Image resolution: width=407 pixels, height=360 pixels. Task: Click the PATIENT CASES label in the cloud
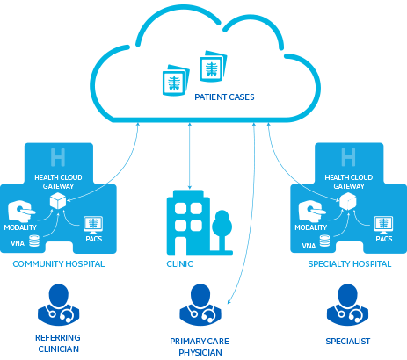pos(224,97)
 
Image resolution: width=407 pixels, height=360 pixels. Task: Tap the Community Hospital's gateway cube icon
pos(58,201)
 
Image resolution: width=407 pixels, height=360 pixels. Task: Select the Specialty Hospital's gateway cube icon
pos(348,201)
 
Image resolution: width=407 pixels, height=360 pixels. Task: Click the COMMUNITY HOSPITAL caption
pos(59,264)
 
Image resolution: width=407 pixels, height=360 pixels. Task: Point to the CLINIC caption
pos(179,264)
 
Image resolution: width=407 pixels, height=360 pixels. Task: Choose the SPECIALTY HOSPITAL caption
pos(350,264)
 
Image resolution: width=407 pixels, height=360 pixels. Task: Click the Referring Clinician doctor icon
pos(59,305)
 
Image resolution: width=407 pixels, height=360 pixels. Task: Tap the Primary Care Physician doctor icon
pos(200,305)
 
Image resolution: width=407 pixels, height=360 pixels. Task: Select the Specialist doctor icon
pos(347,305)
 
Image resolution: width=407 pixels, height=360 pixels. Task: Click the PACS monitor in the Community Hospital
pos(93,225)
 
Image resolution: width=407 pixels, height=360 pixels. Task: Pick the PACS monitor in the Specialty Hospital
pos(383,225)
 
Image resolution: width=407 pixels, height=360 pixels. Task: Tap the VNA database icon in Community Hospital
pos(34,241)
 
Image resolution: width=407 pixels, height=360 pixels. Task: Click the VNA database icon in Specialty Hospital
pos(324,241)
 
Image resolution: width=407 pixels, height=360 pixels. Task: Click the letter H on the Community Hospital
pos(58,157)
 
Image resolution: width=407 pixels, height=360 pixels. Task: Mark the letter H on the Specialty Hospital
pos(348,157)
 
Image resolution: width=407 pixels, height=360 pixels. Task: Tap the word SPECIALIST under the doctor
pos(348,342)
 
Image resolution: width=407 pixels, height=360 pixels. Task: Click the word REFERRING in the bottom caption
pos(58,338)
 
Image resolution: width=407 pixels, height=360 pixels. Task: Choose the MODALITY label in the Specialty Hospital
pos(311,227)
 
